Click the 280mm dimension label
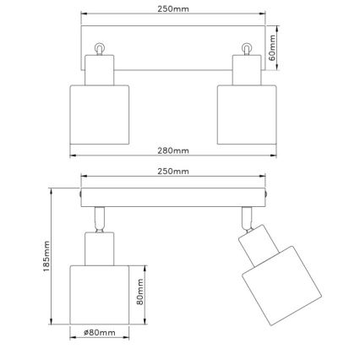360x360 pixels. click(x=173, y=150)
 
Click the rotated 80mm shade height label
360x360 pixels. click(x=144, y=297)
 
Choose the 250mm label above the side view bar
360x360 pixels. click(x=173, y=172)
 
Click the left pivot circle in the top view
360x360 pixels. click(x=100, y=49)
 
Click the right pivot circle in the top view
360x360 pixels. click(x=247, y=49)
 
